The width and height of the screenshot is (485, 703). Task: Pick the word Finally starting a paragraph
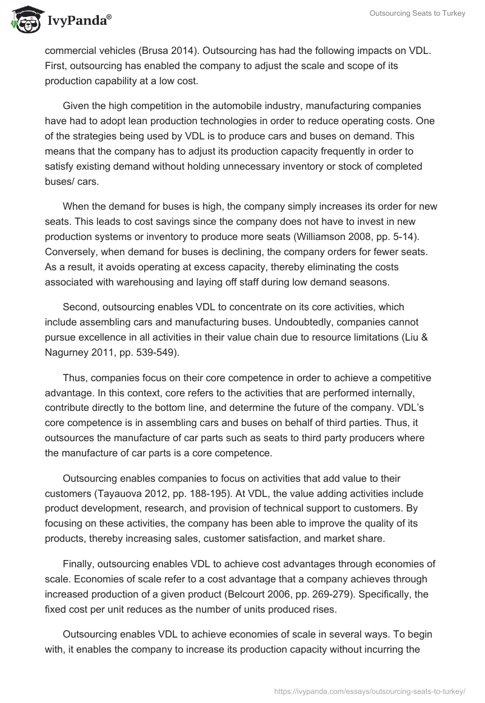pos(82,564)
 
